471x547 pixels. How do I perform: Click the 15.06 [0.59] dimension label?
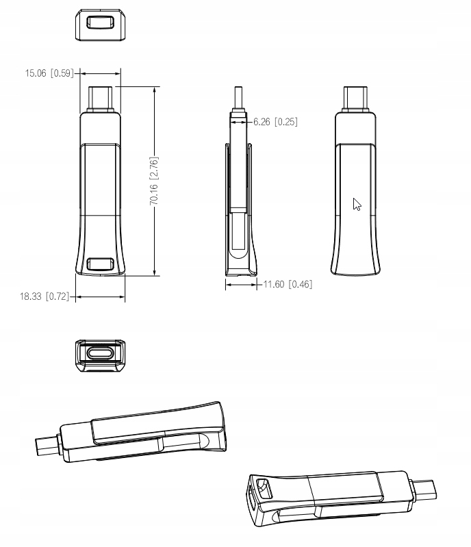click(x=49, y=73)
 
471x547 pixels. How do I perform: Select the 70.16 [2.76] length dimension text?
click(x=154, y=181)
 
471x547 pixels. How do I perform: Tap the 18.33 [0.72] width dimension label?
click(x=44, y=296)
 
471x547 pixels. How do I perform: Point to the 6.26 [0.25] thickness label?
click(x=275, y=122)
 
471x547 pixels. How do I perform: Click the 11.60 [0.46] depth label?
click(x=288, y=284)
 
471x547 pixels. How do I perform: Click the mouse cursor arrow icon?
click(x=357, y=205)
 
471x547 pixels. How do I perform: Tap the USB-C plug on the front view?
click(x=101, y=99)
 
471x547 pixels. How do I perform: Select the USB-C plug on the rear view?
click(x=355, y=99)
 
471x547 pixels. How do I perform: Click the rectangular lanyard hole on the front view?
click(x=100, y=264)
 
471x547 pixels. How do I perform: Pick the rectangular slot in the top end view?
click(x=100, y=23)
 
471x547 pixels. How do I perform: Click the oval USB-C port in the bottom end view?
click(x=101, y=353)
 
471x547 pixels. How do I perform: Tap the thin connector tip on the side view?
click(x=239, y=99)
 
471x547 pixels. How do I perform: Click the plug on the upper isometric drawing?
click(x=48, y=446)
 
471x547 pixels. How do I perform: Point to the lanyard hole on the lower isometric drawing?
click(x=264, y=489)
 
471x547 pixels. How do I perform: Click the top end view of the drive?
click(x=100, y=25)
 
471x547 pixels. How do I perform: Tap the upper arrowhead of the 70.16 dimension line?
click(x=154, y=90)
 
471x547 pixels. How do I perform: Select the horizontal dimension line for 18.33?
click(x=100, y=297)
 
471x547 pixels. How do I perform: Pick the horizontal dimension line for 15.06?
click(x=101, y=73)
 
